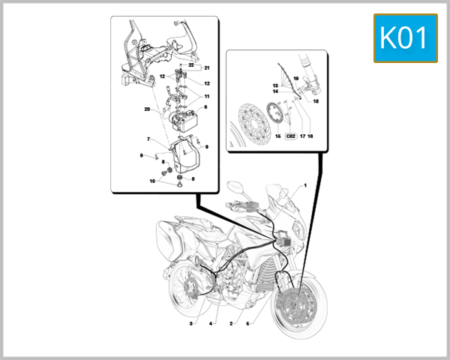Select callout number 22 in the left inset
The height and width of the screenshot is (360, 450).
[191, 65]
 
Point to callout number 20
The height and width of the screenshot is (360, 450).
[148, 109]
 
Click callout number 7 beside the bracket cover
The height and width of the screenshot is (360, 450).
[148, 139]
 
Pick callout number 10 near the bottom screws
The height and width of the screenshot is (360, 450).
[151, 181]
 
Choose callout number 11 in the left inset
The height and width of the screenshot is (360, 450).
[207, 96]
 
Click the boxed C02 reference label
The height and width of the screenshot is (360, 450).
[289, 136]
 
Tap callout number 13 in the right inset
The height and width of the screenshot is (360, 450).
[275, 86]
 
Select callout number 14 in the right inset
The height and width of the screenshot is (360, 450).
[275, 92]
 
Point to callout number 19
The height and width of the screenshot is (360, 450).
[295, 78]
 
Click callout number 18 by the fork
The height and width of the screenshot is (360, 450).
[316, 100]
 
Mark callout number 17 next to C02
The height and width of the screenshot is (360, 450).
[302, 136]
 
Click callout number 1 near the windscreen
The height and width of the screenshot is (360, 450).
[305, 184]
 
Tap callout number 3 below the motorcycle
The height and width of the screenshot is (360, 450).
[191, 323]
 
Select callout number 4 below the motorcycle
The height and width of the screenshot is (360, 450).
[211, 323]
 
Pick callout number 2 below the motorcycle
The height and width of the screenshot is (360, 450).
[232, 323]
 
